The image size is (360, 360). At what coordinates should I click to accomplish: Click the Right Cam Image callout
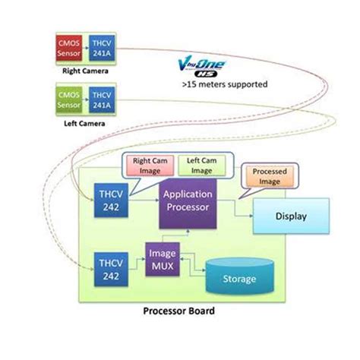click(x=150, y=166)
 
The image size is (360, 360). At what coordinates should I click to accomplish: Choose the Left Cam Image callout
click(x=196, y=166)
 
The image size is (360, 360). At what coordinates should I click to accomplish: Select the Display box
click(x=290, y=216)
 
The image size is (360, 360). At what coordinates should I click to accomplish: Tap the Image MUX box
click(x=163, y=262)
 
